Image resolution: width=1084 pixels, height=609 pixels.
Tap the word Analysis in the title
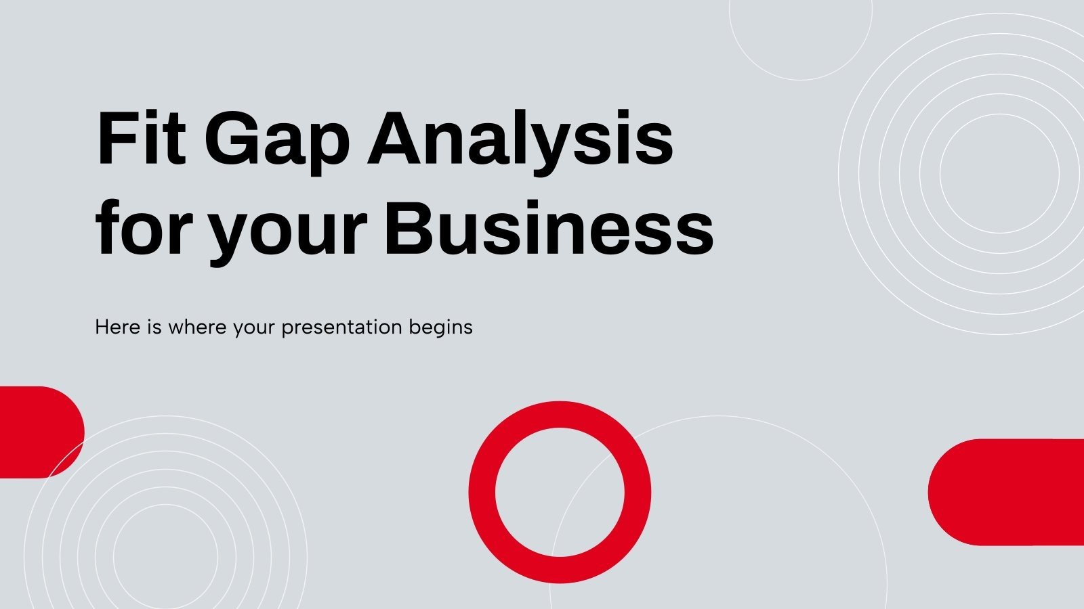point(520,141)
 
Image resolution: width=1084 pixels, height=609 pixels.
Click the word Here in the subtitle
point(117,328)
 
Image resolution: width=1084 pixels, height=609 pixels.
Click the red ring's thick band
point(482,492)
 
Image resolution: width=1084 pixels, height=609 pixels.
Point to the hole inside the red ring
point(560,492)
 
